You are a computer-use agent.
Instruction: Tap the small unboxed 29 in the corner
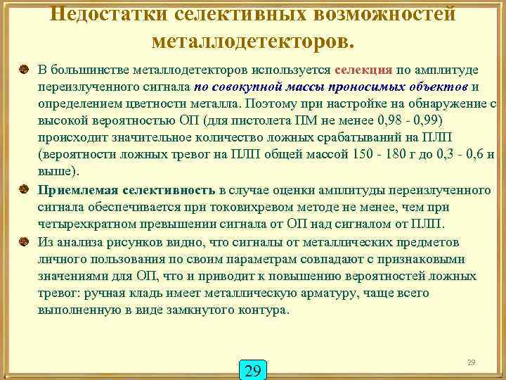[472, 362]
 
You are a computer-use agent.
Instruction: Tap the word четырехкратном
[81, 224]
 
